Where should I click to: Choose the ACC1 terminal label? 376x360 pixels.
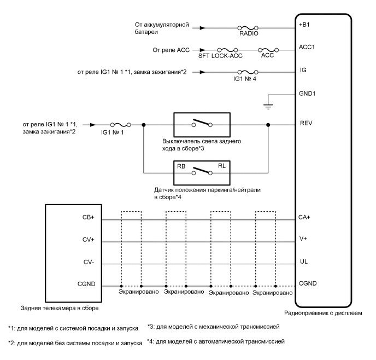pos(307,47)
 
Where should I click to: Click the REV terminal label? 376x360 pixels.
pos(306,123)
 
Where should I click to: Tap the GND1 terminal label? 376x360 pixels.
pos(308,93)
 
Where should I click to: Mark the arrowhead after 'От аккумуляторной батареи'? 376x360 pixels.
pos(204,27)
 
